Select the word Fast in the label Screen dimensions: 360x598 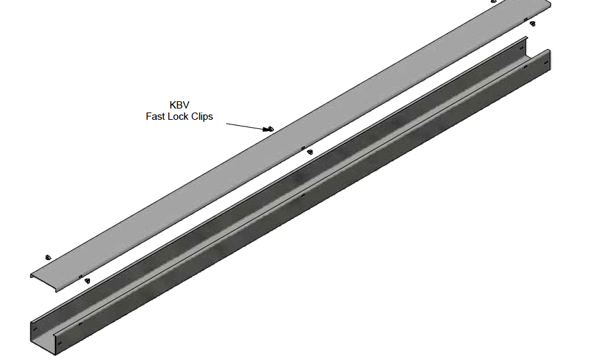[x=157, y=116]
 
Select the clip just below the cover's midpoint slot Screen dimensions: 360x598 [x=310, y=152]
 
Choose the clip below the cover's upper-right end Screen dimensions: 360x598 [x=533, y=24]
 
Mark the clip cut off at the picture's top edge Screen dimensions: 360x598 [x=493, y=1]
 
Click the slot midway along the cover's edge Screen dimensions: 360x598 [x=303, y=148]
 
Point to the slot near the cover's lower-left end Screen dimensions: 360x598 [x=80, y=276]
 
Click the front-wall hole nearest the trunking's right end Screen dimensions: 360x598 [x=544, y=64]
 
